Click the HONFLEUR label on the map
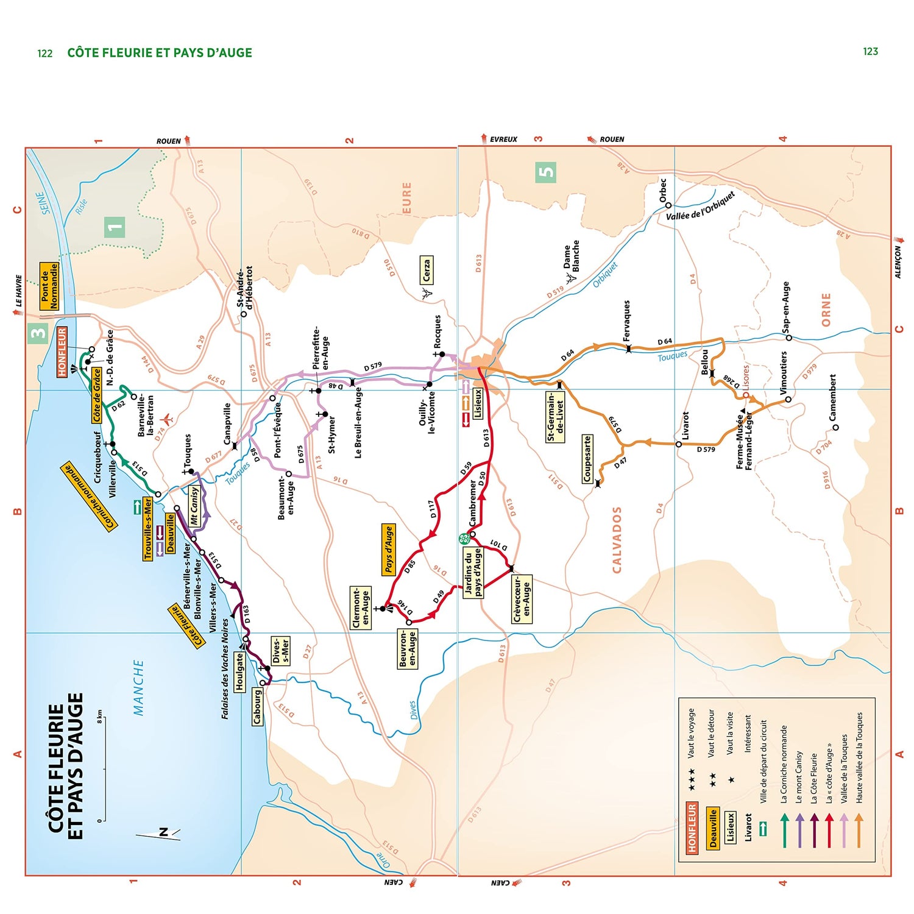pos(62,352)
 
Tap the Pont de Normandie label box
pos(49,286)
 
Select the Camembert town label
pos(832,397)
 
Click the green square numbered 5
pos(546,172)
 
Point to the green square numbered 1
pos(114,227)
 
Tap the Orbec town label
pos(663,190)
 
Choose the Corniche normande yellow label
pos(89,497)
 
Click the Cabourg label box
pos(258,706)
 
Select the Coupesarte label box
pos(587,458)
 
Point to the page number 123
pos(870,52)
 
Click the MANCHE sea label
pos(139,687)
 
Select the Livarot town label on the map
pos(685,425)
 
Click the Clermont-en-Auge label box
pos(361,608)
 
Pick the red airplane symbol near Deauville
pos(166,420)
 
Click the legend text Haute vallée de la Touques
pos(859,757)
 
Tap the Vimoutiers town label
pos(784,372)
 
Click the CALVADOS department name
pos(617,540)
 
